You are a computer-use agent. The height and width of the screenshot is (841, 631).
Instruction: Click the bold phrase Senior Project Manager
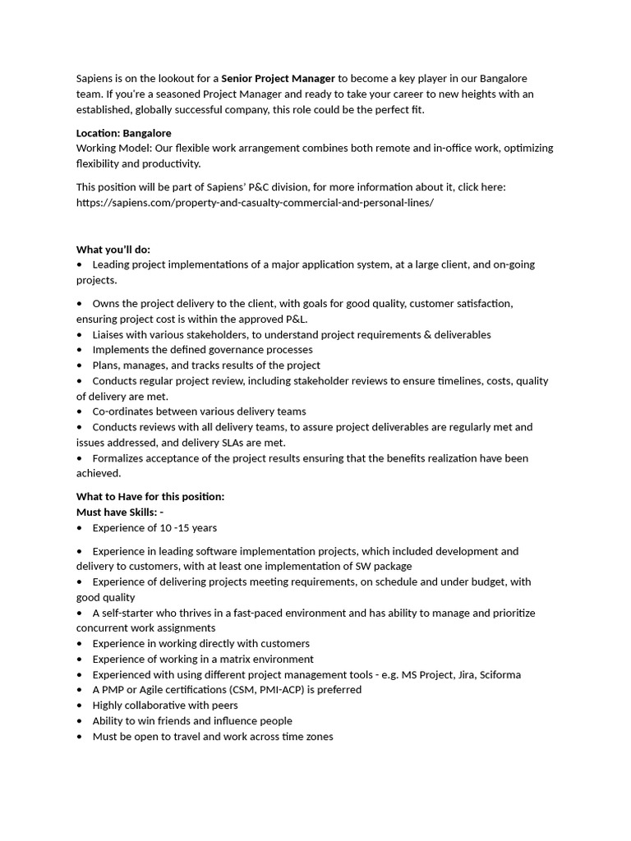point(278,79)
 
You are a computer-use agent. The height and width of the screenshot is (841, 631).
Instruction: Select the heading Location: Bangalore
point(123,133)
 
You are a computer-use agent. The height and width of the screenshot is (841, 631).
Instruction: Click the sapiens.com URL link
point(255,202)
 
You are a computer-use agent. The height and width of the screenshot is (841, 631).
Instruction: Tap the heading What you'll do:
point(113,250)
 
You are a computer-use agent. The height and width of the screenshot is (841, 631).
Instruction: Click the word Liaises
point(111,335)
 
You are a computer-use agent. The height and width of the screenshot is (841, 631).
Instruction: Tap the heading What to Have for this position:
point(150,497)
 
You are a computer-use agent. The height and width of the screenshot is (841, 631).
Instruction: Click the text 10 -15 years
point(188,528)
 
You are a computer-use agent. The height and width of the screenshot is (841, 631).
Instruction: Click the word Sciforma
point(497,675)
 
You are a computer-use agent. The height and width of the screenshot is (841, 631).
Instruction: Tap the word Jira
point(444,675)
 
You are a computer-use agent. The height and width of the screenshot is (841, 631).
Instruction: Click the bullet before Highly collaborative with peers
point(80,705)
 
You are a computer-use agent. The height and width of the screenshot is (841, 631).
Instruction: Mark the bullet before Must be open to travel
point(80,737)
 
